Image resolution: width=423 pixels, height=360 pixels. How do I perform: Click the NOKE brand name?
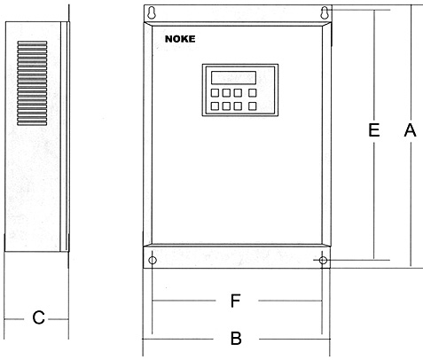[x=180, y=39]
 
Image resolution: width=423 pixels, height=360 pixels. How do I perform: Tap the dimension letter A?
[x=411, y=130]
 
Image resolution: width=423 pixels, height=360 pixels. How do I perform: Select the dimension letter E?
[x=374, y=130]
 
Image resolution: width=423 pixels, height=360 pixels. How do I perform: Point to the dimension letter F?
[x=235, y=301]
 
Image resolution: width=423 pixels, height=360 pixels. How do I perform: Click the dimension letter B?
[x=236, y=339]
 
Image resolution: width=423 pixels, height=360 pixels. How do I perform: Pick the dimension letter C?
[x=38, y=318]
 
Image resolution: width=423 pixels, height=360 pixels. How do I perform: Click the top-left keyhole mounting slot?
[x=152, y=13]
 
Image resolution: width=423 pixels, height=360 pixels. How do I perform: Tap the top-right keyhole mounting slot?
[x=325, y=13]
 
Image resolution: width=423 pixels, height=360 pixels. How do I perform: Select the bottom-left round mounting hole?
[x=153, y=261]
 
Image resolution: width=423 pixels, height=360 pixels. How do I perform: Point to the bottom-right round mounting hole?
[x=323, y=261]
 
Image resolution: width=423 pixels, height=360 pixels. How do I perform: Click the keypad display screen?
[x=233, y=78]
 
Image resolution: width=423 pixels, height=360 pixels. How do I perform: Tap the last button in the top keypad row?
[x=252, y=93]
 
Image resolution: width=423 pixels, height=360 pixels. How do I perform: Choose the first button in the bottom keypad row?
[x=215, y=106]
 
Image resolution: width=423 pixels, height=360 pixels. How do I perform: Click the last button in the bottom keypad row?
[x=252, y=106]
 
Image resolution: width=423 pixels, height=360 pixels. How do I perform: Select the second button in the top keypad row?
[x=226, y=93]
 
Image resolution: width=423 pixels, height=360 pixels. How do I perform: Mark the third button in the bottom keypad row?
[x=238, y=106]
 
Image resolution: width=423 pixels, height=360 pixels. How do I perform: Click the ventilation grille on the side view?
[x=32, y=83]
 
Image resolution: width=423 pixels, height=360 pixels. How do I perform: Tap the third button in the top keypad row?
[x=238, y=93]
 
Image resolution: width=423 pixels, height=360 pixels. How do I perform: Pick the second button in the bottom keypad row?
[x=226, y=106]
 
